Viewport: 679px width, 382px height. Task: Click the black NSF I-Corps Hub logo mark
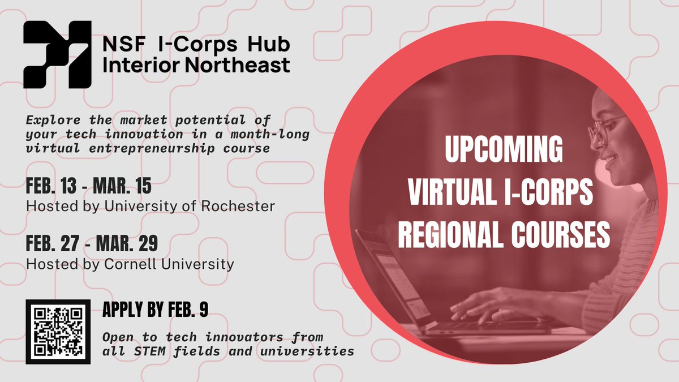point(57,54)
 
